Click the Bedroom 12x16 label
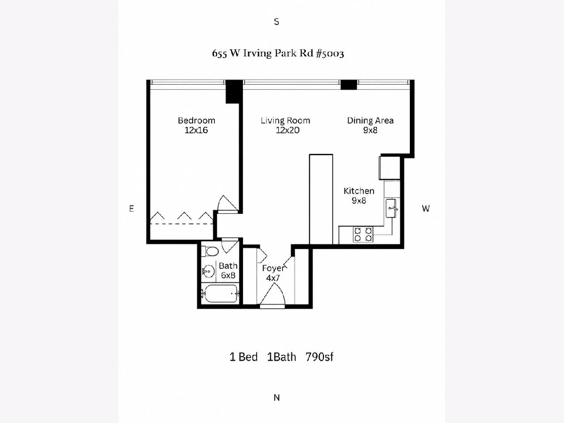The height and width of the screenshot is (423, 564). click(196, 125)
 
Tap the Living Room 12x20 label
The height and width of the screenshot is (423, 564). click(285, 125)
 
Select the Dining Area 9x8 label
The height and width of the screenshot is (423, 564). click(370, 125)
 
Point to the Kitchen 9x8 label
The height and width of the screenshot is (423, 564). click(359, 196)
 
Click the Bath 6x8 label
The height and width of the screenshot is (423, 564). click(228, 270)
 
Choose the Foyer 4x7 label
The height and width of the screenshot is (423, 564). click(273, 273)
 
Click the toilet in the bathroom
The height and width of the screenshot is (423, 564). click(210, 251)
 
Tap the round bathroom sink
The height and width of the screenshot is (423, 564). click(208, 271)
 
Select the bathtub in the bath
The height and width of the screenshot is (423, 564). click(220, 293)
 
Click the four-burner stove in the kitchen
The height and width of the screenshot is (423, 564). click(363, 234)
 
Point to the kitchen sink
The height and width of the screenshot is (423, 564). click(391, 208)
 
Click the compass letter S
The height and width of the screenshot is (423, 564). click(276, 22)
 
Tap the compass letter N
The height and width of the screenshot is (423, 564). click(276, 398)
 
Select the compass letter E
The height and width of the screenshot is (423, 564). click(131, 209)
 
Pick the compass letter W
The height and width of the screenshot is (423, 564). click(426, 209)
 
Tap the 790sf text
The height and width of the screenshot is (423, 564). click(320, 357)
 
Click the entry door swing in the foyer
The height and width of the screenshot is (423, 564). click(273, 294)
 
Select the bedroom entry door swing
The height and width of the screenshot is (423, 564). click(227, 203)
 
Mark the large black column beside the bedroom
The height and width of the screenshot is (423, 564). click(234, 92)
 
